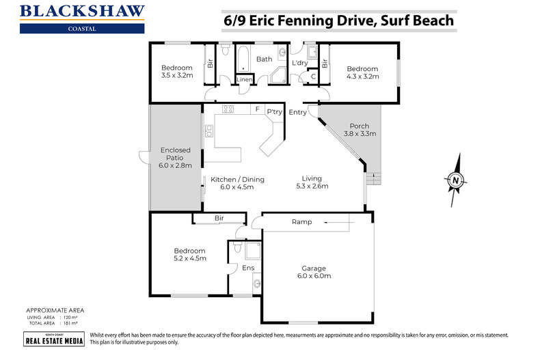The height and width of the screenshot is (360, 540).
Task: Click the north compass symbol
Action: [x=455, y=180]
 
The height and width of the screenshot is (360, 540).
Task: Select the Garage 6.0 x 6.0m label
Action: [x=314, y=272]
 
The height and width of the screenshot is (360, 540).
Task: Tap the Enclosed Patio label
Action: [x=176, y=157]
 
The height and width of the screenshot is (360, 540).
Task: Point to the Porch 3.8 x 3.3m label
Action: [x=359, y=130]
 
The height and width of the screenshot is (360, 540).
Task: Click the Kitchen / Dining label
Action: [x=237, y=182]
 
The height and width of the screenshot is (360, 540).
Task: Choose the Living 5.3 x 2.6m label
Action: [x=312, y=182]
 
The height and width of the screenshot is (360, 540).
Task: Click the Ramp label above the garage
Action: [x=301, y=222]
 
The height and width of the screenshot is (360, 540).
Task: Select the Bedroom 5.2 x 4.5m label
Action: [x=189, y=255]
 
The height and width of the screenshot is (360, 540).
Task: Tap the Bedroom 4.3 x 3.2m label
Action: [x=362, y=72]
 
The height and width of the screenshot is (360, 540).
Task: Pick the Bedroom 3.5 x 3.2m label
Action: [x=176, y=72]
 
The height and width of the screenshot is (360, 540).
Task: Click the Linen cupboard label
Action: [x=244, y=80]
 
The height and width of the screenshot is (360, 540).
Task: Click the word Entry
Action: [x=298, y=112]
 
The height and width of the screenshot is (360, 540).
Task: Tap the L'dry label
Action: [x=299, y=63]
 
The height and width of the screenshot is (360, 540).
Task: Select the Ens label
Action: [x=248, y=268]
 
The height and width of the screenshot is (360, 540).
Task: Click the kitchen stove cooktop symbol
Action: [x=228, y=109]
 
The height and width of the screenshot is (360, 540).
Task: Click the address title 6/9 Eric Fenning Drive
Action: [x=338, y=20]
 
